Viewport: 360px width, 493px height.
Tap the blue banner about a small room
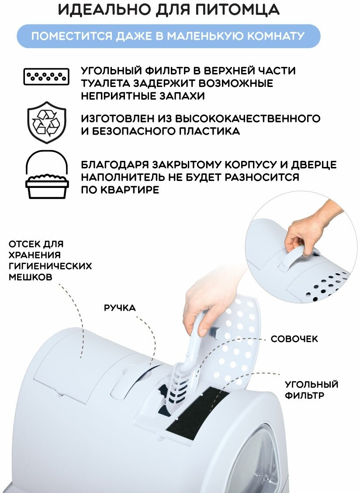tap(168, 36)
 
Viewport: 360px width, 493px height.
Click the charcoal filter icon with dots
tap(46, 77)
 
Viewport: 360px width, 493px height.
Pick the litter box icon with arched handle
tap(47, 175)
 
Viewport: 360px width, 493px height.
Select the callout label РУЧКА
tap(120, 308)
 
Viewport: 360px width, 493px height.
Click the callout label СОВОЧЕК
tap(294, 339)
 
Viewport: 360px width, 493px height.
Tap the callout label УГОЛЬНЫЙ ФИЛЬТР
tap(312, 390)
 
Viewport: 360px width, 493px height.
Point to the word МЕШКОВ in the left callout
tap(31, 277)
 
